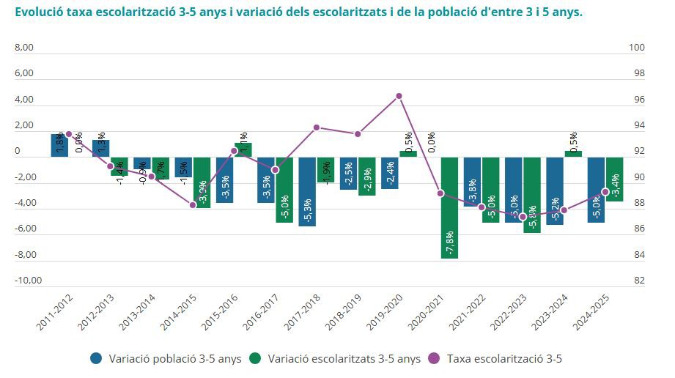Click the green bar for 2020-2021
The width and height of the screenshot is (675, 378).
click(x=449, y=207)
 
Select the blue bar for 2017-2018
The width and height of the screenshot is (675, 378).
click(x=307, y=191)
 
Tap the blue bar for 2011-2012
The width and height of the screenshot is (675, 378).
click(x=59, y=145)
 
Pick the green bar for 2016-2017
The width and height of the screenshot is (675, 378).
click(x=284, y=189)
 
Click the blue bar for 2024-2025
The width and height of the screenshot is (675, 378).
click(x=596, y=189)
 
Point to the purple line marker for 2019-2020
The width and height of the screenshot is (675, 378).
click(x=399, y=96)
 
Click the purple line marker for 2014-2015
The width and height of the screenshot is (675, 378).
click(x=193, y=204)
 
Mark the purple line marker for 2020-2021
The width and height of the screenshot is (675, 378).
click(x=440, y=193)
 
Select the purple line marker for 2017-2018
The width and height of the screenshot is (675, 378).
click(x=317, y=127)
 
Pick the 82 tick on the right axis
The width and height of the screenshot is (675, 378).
click(x=638, y=281)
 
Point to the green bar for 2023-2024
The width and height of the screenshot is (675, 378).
click(x=573, y=154)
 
